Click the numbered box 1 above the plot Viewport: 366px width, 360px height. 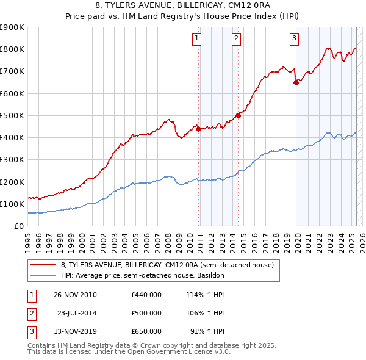[x=198, y=38]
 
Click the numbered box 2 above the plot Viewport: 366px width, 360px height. [x=236, y=38]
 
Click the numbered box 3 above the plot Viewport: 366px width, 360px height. [x=294, y=38]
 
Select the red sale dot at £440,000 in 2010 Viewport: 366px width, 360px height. [x=198, y=129]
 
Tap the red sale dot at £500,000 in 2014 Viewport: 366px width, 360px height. [x=238, y=115]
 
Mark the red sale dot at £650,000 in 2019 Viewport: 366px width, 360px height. [x=296, y=82]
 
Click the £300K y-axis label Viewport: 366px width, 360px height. [x=12, y=160]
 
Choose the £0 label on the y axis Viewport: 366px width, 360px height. [x=18, y=226]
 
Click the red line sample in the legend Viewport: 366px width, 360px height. [x=43, y=265]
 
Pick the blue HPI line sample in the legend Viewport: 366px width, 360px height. [x=43, y=275]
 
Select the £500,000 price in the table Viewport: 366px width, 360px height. [x=146, y=313]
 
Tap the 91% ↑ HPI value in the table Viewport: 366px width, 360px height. [x=209, y=331]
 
